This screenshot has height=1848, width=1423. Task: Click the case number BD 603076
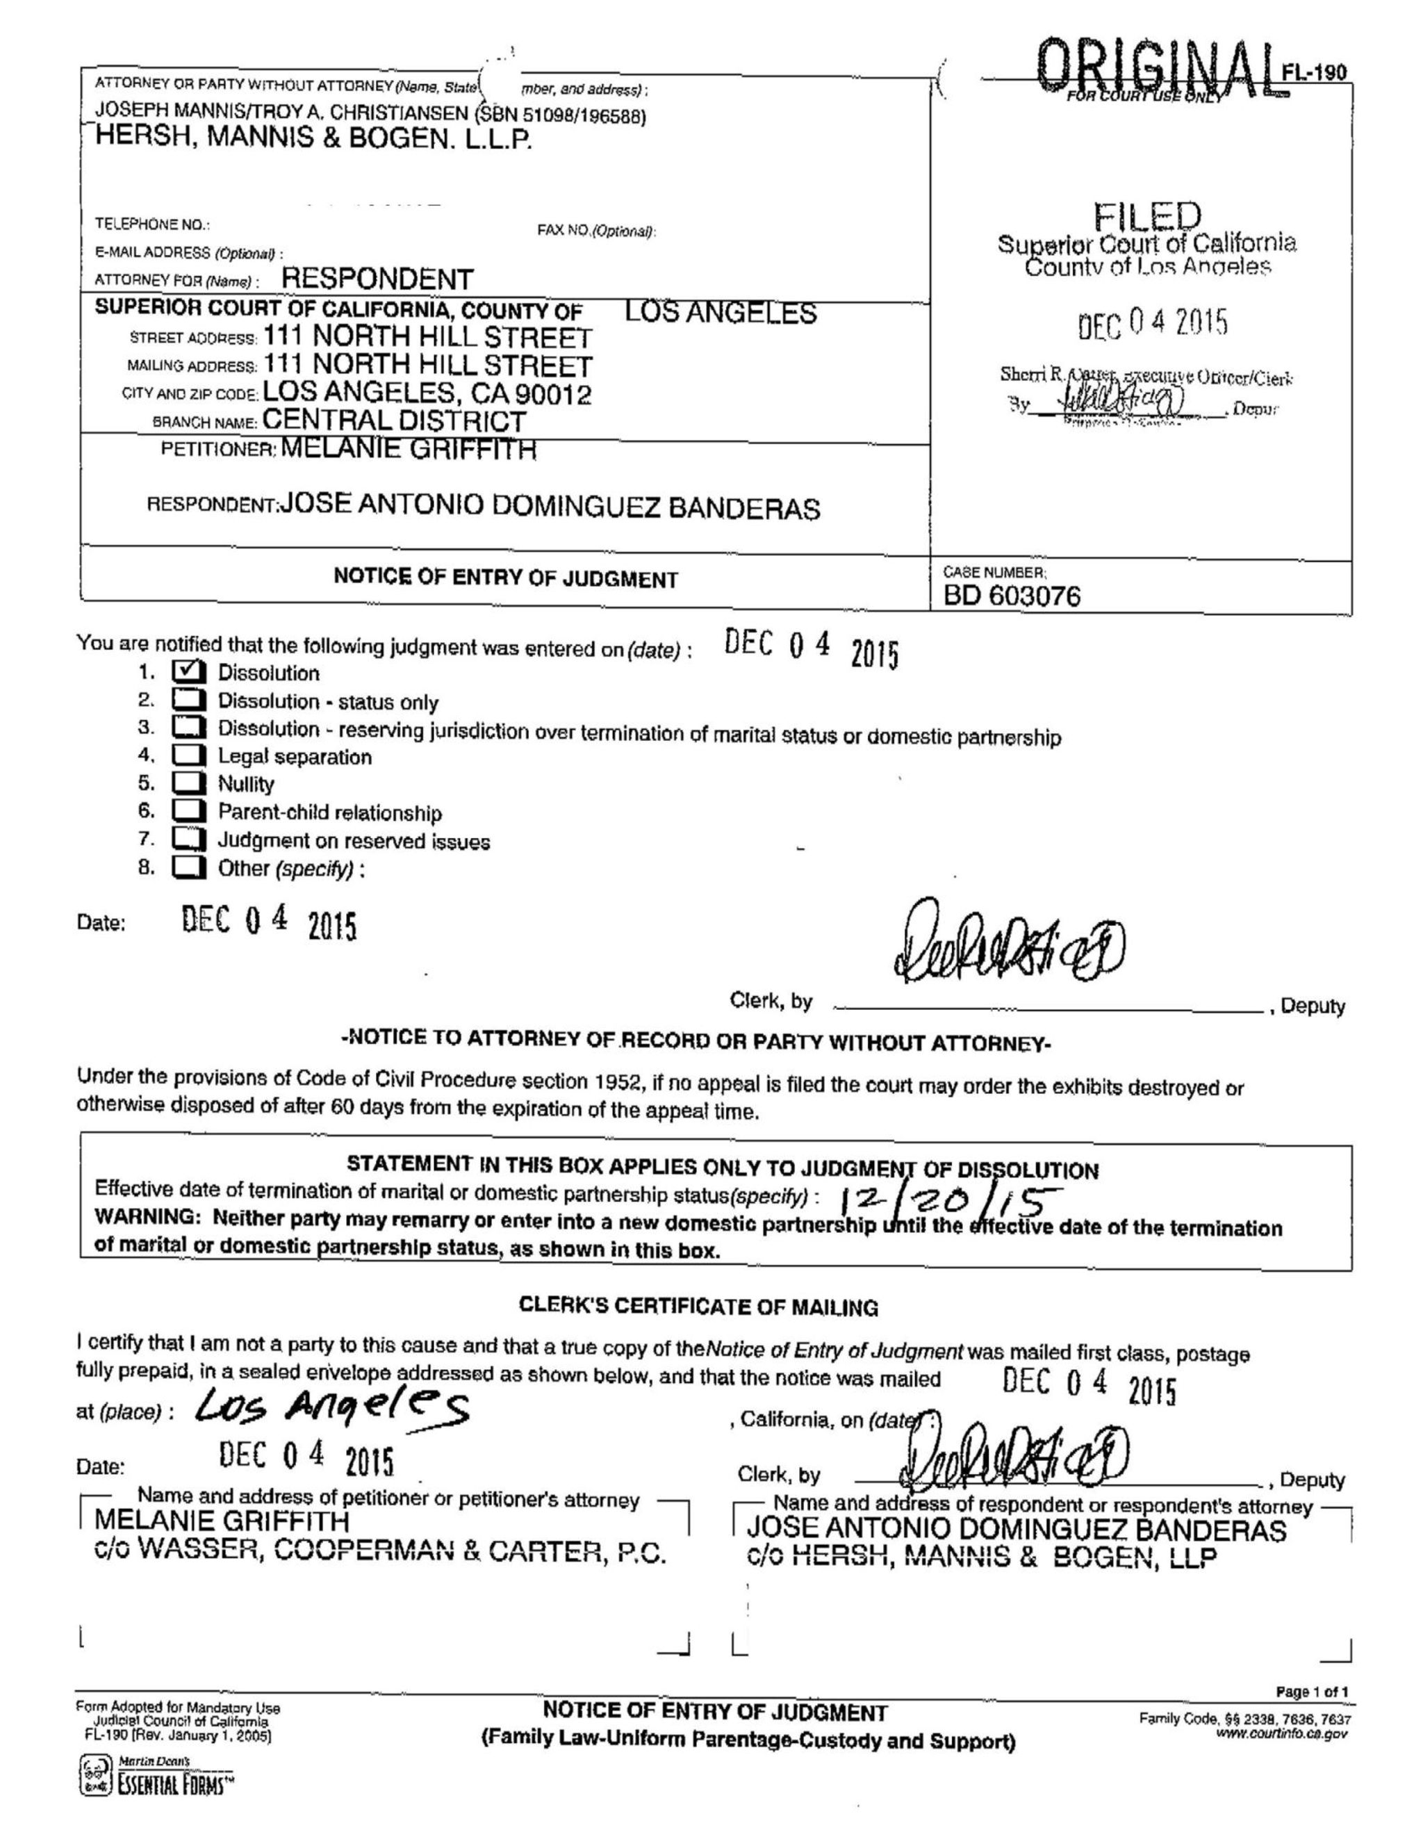tap(1012, 596)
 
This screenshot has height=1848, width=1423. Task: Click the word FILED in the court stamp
tap(1146, 218)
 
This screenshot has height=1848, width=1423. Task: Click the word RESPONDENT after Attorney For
tap(377, 279)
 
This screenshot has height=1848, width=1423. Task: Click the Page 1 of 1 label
tap(1312, 1692)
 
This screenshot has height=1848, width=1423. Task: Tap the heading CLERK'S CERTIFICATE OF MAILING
tap(698, 1307)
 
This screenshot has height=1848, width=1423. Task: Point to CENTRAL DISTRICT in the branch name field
tap(394, 420)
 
